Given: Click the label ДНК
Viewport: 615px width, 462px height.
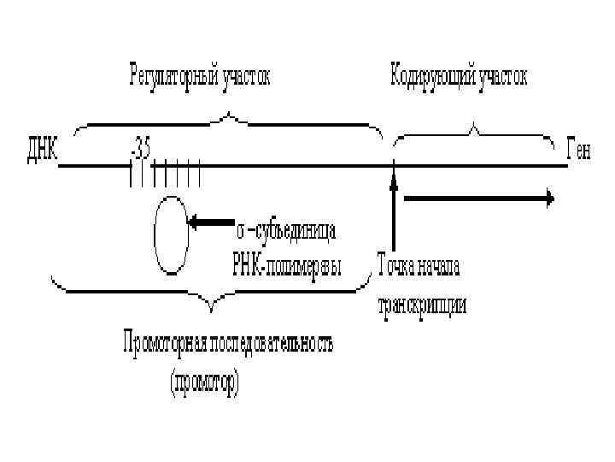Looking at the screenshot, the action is click(38, 151).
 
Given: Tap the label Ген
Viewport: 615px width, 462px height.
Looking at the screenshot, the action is click(578, 151).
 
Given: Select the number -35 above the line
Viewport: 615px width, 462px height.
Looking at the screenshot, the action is click(140, 148).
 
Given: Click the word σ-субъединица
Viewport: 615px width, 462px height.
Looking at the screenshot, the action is click(285, 231).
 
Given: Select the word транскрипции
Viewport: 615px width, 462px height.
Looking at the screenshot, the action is click(423, 305).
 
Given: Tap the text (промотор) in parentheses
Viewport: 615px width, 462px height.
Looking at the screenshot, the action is click(205, 381).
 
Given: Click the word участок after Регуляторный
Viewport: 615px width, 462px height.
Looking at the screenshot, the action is click(243, 77).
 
